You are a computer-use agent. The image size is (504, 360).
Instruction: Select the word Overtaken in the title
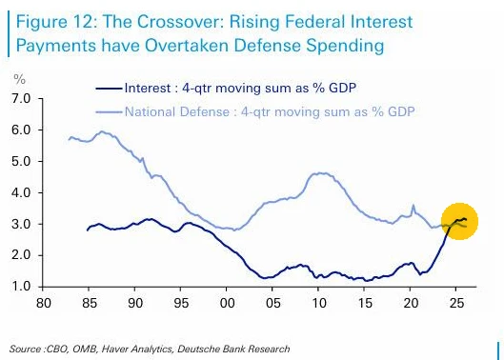[x=186, y=46]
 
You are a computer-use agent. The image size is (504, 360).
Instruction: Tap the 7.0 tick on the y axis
[x=21, y=98]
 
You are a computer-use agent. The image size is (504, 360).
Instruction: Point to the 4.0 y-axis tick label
[x=21, y=192]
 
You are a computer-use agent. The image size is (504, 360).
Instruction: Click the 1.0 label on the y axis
[x=21, y=286]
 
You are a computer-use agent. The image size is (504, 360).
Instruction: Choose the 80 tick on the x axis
[x=44, y=303]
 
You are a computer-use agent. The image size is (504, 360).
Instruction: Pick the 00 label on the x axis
[x=227, y=303]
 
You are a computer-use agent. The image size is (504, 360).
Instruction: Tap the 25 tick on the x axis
[x=456, y=303]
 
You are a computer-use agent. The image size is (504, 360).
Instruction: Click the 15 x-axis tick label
[x=365, y=303]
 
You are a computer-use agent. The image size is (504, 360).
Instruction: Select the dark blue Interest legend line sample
[x=109, y=88]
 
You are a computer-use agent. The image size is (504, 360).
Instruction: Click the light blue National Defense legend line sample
[x=109, y=111]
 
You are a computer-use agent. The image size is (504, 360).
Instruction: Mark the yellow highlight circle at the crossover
[x=459, y=222]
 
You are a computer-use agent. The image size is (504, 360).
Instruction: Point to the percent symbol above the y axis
[x=19, y=79]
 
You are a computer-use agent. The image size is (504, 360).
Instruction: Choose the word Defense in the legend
[x=205, y=111]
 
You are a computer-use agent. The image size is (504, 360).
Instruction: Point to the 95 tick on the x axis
[x=181, y=303]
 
